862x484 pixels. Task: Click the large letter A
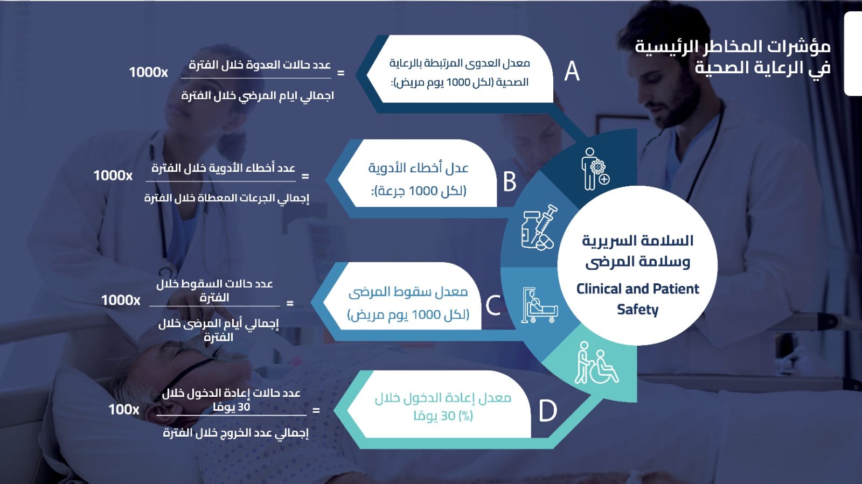point(572,71)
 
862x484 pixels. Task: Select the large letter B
point(510,181)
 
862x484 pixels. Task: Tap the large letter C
point(493,306)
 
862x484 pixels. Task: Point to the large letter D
point(547,411)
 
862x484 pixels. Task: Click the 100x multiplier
point(123,409)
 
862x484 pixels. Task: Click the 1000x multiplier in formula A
point(148,72)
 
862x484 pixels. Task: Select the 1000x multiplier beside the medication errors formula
point(113,176)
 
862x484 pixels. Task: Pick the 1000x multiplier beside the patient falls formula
point(121,300)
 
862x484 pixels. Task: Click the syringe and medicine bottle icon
point(539,228)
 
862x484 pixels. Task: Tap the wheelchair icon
point(597,363)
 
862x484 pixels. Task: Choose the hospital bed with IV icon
point(540,305)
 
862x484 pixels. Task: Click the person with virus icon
point(595,169)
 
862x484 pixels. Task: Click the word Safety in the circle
point(638,310)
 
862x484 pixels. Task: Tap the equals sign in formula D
point(316,411)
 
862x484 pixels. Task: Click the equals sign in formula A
point(340,73)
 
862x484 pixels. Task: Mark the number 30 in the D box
point(448,416)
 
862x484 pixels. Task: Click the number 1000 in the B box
point(423,191)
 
